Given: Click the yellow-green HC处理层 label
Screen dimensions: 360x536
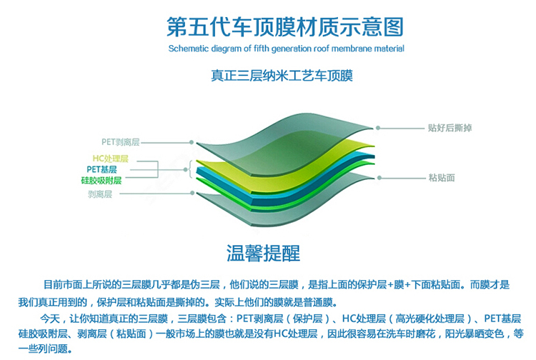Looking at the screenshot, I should pos(110,158).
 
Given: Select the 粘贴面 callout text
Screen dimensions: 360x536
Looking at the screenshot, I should pos(442,177).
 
